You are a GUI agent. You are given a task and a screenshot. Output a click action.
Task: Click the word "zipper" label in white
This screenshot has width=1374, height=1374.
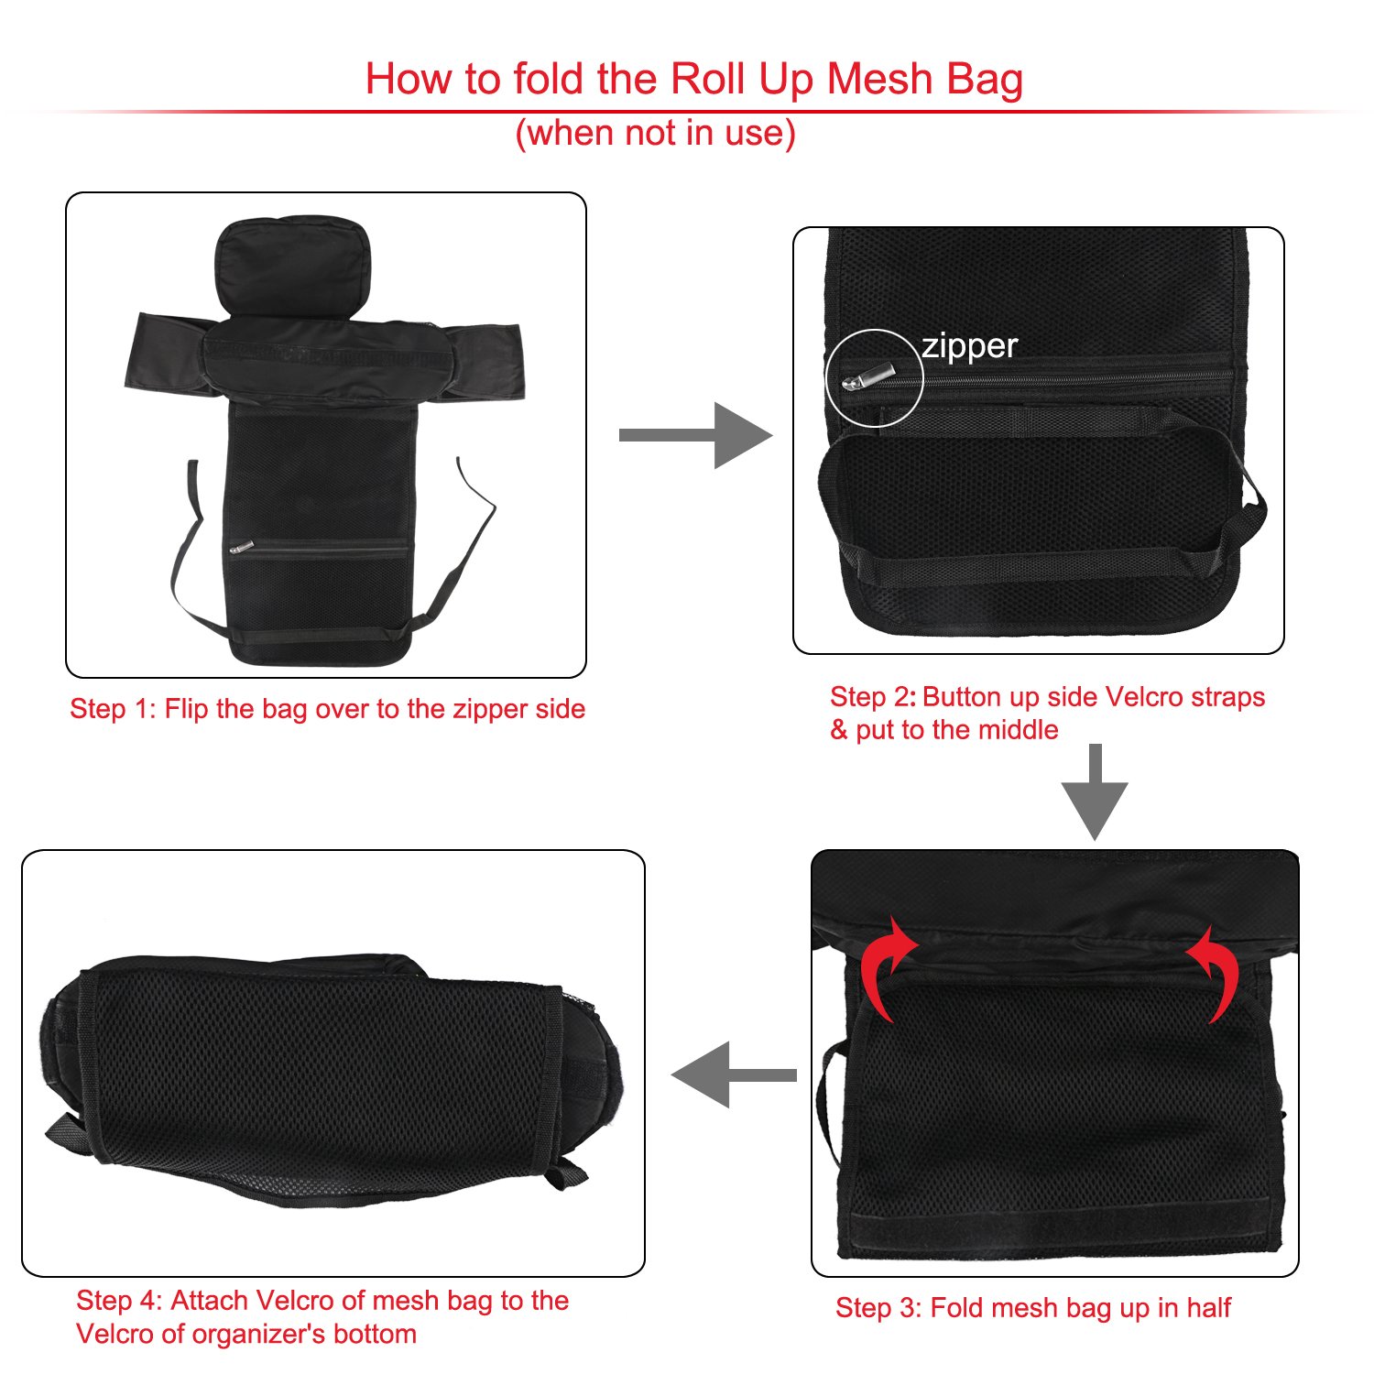point(969,347)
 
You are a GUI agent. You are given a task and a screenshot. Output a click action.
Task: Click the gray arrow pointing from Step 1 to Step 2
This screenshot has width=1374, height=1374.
point(696,435)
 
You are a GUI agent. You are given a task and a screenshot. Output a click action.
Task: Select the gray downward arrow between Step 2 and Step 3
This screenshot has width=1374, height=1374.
point(1095,792)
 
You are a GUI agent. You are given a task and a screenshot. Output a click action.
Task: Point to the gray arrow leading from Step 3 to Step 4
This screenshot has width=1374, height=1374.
point(734,1074)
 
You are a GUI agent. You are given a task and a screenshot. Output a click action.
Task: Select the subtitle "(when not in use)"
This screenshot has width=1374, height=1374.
point(655,134)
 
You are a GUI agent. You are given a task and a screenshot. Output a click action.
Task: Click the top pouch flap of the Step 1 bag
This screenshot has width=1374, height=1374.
point(293,261)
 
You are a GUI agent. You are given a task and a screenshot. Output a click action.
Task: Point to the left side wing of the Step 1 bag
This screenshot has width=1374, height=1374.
point(165,353)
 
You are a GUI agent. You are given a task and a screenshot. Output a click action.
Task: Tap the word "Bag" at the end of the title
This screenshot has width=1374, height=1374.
point(985,79)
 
